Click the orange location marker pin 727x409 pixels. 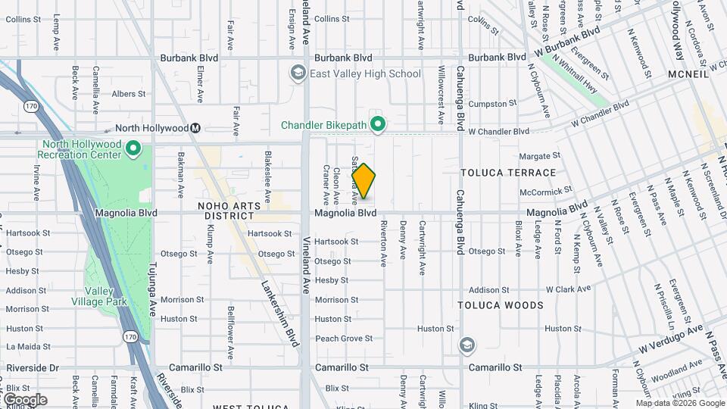point(363,182)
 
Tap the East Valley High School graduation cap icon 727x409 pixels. point(297,73)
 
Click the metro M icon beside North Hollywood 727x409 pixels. point(195,128)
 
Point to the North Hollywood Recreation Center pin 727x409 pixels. point(133,148)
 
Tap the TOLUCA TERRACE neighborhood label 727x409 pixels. point(508,173)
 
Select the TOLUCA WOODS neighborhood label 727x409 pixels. point(501,305)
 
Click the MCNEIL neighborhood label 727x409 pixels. point(687,74)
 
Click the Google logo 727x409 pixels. point(26,399)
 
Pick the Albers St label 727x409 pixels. point(128,94)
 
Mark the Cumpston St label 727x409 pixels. point(492,103)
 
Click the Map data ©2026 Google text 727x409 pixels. point(680,403)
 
